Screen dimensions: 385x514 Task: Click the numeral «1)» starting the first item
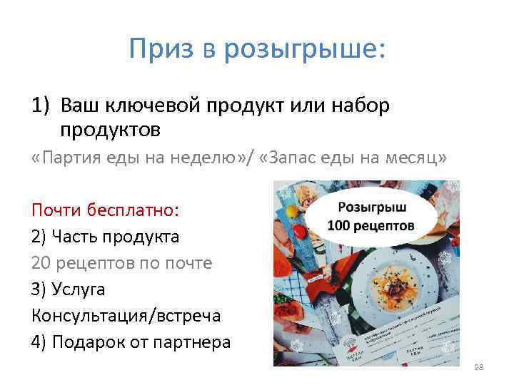coord(41,106)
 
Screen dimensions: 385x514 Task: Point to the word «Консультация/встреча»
coord(126,315)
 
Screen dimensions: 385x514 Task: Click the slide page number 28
coord(478,367)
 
